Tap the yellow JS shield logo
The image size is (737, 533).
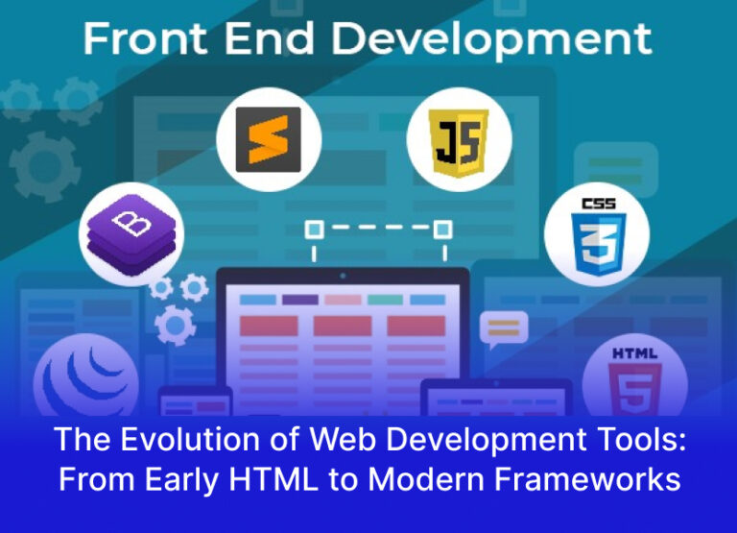pyautogui.click(x=459, y=139)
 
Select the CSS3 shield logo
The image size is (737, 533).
pyautogui.click(x=597, y=233)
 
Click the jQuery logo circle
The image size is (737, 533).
pyautogui.click(x=77, y=384)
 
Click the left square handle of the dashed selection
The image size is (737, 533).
pyautogui.click(x=313, y=230)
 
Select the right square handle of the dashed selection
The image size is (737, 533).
pyautogui.click(x=442, y=230)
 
